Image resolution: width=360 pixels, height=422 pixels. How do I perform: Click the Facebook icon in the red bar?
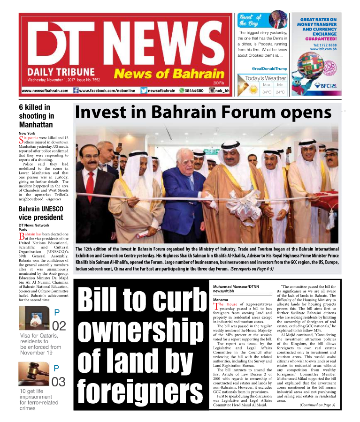(76, 90)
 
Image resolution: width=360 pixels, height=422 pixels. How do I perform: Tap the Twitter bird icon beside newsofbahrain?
(144, 90)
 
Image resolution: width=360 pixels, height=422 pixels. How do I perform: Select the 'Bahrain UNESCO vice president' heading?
(41, 213)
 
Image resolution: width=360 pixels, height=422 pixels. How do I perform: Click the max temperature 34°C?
(267, 92)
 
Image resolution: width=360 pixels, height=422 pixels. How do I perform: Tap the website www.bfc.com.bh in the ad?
(325, 49)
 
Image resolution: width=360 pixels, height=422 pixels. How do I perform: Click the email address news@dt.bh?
(223, 278)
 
